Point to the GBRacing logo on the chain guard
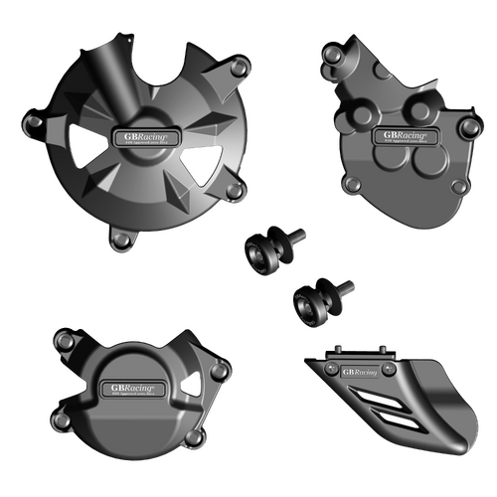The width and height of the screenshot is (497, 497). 360,372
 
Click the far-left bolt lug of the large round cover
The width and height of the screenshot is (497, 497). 34,125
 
